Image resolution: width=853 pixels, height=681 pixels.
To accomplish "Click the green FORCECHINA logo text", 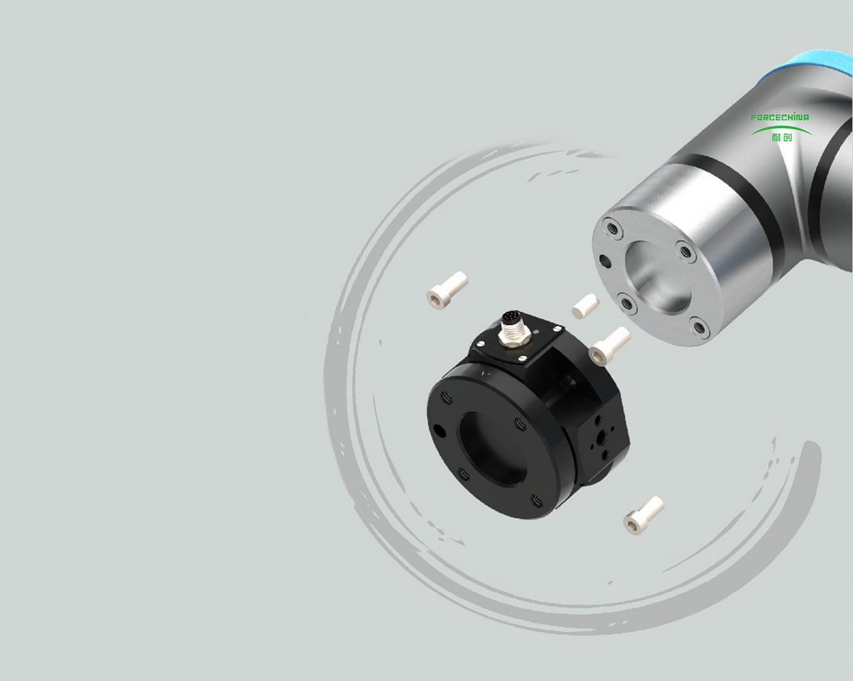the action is [779, 117].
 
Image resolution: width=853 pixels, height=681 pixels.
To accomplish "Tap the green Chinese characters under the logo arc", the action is [781, 137].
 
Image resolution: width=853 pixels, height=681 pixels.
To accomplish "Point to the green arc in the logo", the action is [781, 129].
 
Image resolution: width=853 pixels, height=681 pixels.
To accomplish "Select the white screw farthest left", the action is [447, 290].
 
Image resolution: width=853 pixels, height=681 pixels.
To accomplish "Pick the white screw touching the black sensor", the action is [609, 346].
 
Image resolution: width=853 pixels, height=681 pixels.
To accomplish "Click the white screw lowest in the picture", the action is [643, 515].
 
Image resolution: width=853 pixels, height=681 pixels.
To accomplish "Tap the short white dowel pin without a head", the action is [586, 306].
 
